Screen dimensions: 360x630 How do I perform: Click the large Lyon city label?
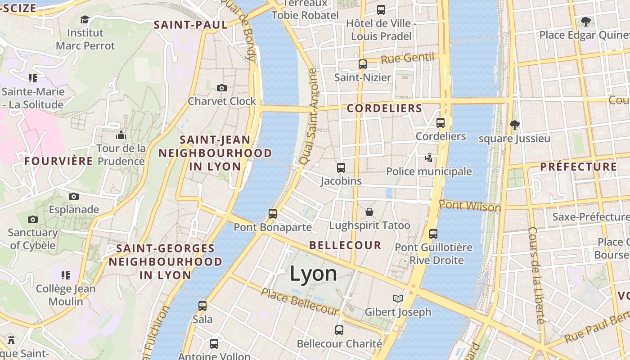[313, 274]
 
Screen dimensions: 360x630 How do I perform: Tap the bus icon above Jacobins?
[341, 168]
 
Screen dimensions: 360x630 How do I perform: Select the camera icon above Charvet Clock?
[221, 88]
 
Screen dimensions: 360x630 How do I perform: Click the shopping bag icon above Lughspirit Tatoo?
[369, 211]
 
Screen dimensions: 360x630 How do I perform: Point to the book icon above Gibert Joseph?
[398, 298]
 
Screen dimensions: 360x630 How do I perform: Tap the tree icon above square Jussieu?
[514, 125]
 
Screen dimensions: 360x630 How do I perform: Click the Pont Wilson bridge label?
[470, 206]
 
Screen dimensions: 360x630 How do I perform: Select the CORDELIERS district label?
[384, 108]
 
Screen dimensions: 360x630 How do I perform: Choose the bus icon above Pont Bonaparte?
[273, 213]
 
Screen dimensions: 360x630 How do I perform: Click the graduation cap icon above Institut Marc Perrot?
[85, 19]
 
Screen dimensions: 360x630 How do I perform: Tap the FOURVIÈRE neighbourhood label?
[59, 161]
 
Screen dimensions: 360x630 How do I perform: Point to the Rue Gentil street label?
[408, 58]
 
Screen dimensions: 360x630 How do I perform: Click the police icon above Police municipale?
[429, 158]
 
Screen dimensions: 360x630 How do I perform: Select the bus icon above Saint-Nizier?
[363, 64]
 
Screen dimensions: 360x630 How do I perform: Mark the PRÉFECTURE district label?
[579, 166]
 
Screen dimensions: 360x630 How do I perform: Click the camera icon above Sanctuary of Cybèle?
[32, 220]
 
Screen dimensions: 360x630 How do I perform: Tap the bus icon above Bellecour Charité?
[339, 330]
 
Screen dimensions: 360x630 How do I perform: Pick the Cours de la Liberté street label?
[536, 275]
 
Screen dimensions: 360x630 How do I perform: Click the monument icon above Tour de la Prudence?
[121, 135]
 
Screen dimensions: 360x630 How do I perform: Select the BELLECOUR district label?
[346, 245]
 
